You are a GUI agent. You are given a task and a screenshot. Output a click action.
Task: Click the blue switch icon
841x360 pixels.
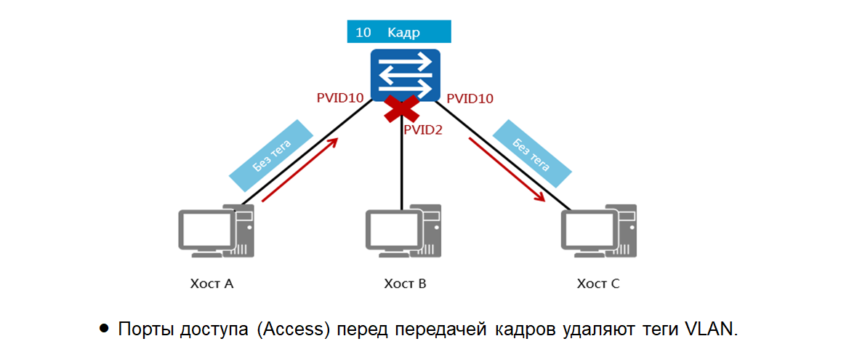405,74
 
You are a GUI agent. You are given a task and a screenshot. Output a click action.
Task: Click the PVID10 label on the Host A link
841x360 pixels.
340,98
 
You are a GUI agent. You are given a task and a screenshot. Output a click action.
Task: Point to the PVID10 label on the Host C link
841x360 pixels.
470,98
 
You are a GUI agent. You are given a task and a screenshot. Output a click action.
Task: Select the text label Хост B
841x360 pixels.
405,283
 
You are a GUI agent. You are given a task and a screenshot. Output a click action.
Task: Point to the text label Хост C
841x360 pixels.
598,283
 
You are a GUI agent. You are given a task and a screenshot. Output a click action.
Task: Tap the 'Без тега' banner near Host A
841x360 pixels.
271,155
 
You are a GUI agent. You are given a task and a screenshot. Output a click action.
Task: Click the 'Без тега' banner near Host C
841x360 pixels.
531,155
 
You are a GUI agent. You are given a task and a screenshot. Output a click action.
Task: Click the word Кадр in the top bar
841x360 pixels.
404,33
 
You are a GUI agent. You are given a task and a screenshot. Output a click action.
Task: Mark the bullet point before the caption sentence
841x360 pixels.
104,329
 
